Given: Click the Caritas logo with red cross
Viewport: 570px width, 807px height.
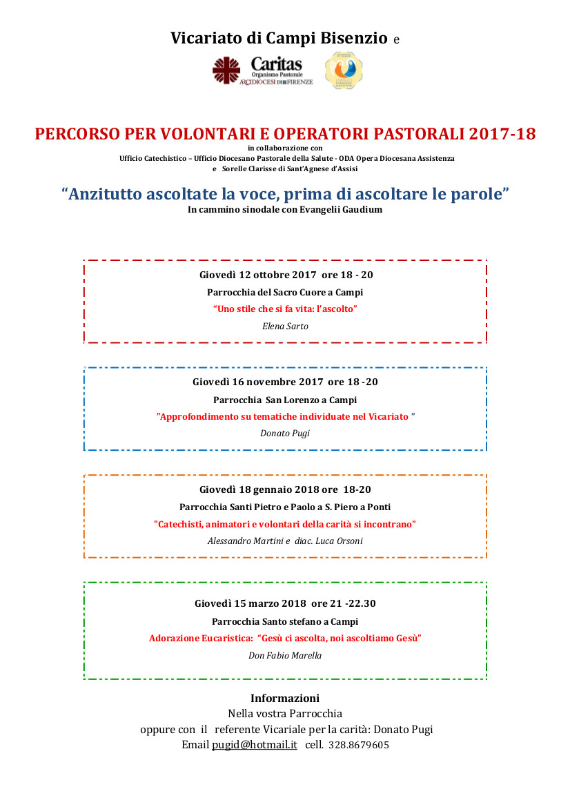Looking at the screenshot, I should (262, 71).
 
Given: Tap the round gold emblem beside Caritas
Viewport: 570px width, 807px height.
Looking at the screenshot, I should (344, 70).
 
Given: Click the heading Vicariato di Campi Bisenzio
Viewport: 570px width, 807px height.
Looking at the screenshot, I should (279, 39).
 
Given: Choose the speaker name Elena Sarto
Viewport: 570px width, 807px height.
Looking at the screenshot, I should (285, 326).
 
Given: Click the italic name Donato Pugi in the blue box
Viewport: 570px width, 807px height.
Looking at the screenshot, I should (285, 434).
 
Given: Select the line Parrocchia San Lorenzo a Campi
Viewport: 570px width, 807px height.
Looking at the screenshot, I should (285, 400).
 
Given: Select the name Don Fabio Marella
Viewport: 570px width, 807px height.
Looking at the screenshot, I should (285, 655).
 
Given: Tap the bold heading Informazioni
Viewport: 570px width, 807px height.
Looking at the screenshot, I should (285, 698).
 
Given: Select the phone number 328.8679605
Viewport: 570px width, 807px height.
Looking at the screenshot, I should (359, 745).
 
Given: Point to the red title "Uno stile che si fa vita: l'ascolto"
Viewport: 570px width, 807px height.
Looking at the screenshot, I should (285, 309).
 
